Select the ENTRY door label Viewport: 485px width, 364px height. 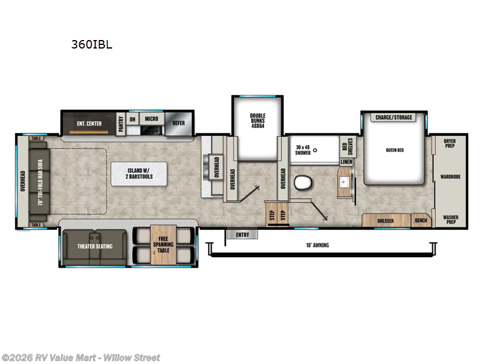[242, 234]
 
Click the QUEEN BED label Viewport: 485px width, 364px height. [394, 150]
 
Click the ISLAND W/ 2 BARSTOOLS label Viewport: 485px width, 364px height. [139, 173]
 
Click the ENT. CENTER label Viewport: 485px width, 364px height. [89, 124]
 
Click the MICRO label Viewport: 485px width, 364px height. [151, 118]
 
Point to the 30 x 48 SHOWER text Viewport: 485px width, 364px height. [303, 150]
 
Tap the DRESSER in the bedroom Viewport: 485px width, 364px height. [386, 221]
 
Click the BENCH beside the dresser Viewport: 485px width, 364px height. [420, 221]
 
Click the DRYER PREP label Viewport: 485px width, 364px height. [449, 143]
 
